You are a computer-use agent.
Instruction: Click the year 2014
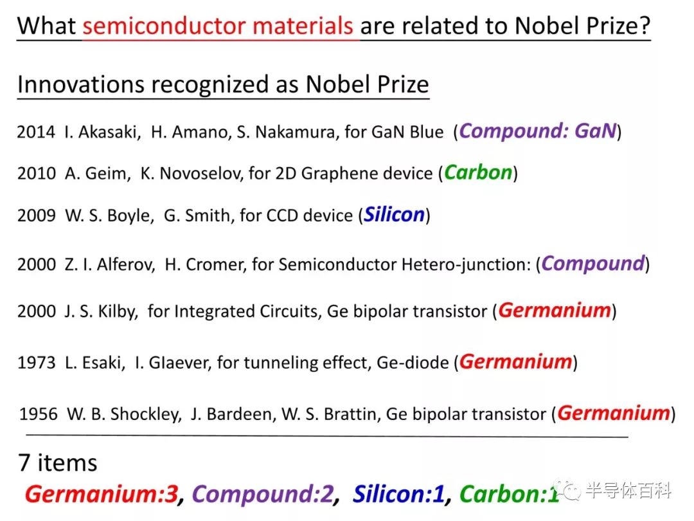click(x=36, y=132)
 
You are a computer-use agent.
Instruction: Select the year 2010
click(x=37, y=173)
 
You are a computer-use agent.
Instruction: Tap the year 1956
click(x=39, y=414)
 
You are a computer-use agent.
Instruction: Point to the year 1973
click(x=37, y=363)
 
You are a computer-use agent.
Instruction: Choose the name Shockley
click(x=146, y=414)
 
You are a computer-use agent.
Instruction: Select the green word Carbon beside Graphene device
click(x=478, y=173)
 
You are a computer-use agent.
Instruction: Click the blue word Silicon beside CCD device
click(x=395, y=215)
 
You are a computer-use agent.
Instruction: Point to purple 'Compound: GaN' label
click(x=538, y=131)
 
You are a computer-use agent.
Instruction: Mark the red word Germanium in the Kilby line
click(x=555, y=311)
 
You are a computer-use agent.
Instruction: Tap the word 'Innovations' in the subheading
click(x=81, y=84)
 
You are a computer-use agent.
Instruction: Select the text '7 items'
click(x=58, y=463)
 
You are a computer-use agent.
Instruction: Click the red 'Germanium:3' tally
click(x=102, y=494)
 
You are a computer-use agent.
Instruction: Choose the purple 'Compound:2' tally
click(x=262, y=494)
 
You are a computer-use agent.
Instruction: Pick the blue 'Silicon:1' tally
click(x=398, y=494)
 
